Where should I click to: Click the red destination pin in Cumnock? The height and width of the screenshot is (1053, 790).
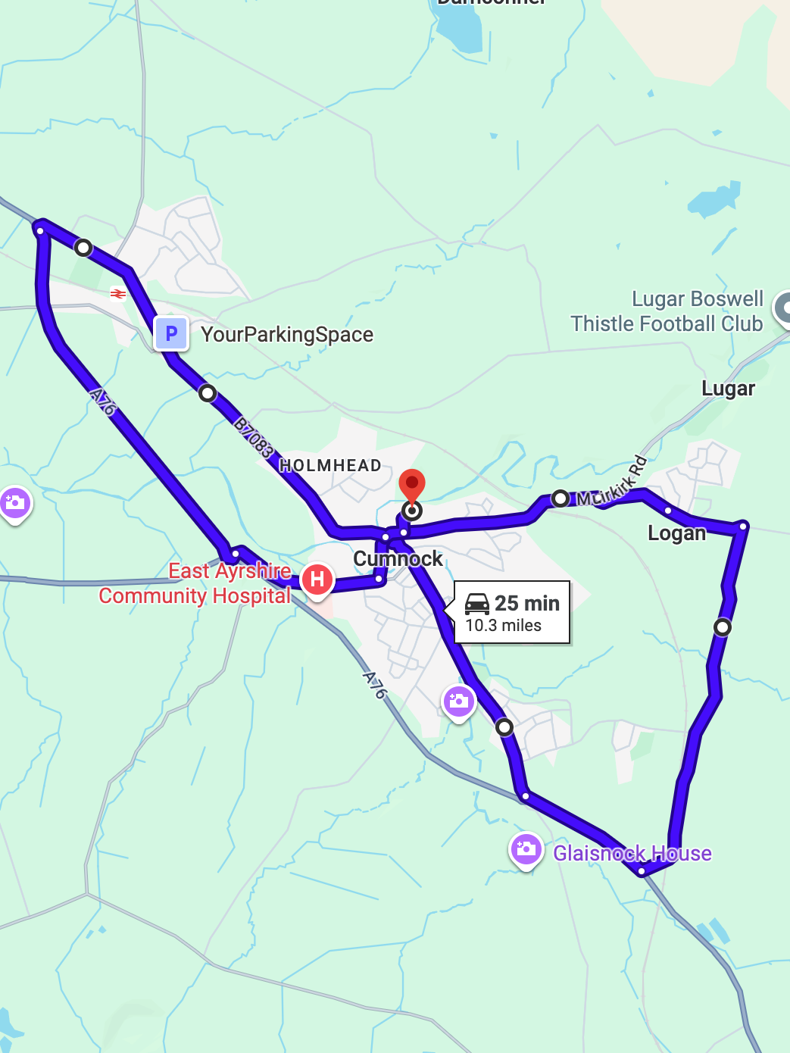tap(411, 485)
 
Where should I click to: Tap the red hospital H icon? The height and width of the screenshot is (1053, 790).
tap(317, 580)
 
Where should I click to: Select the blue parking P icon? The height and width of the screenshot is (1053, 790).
tap(171, 333)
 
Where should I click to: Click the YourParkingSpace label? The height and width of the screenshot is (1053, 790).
tap(287, 335)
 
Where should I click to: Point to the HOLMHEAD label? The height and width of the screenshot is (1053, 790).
tap(330, 465)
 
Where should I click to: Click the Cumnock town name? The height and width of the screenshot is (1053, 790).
tap(398, 559)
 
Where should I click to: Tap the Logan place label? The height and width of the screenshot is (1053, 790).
tap(676, 533)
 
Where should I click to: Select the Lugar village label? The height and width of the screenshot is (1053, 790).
tap(728, 389)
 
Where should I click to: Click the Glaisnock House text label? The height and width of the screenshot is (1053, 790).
tap(632, 854)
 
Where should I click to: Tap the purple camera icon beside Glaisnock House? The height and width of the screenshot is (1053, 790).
tap(526, 849)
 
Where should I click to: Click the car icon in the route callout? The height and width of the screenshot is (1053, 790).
tap(477, 604)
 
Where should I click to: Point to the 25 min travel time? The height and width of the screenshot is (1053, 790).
tap(527, 604)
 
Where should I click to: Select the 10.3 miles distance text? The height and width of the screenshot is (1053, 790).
tap(504, 626)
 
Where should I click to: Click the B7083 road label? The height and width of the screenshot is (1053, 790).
tap(253, 437)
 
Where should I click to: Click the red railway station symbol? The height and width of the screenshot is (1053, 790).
tap(117, 293)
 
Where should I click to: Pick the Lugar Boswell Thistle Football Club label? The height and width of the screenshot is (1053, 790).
tap(667, 311)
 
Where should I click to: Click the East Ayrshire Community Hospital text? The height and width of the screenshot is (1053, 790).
tap(195, 583)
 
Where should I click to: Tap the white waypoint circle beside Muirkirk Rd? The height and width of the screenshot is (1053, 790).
tap(560, 498)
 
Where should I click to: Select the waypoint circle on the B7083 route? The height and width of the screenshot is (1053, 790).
tap(207, 393)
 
